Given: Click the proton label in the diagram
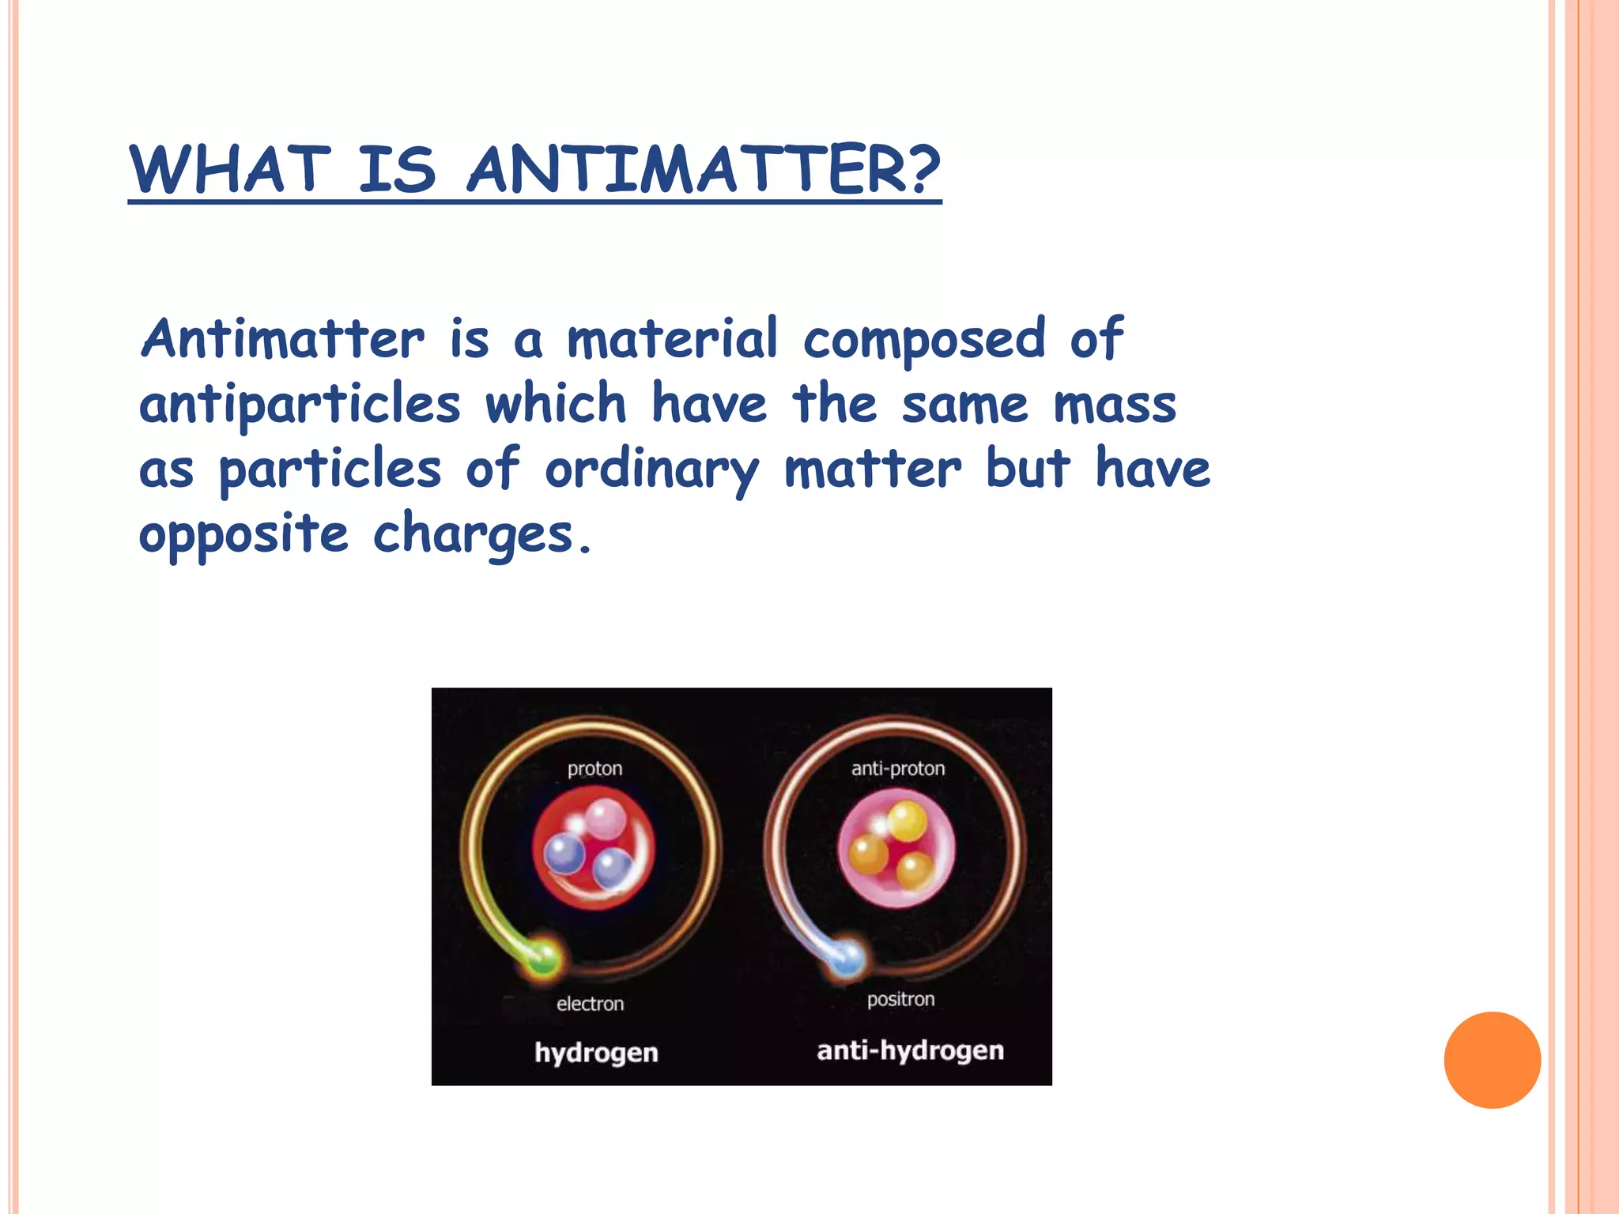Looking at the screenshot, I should (x=594, y=768).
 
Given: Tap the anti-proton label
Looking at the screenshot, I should (x=898, y=768).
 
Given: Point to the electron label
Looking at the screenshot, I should (x=590, y=1004).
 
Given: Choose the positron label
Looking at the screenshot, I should (x=900, y=1000).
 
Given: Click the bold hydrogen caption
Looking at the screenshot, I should (x=596, y=1052).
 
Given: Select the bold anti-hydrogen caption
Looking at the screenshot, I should (x=910, y=1050).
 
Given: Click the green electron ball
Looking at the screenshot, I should (x=543, y=958).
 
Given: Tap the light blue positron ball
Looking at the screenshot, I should (x=847, y=958).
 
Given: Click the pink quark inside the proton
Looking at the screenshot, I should (x=606, y=819).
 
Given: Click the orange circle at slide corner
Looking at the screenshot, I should (x=1492, y=1060).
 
